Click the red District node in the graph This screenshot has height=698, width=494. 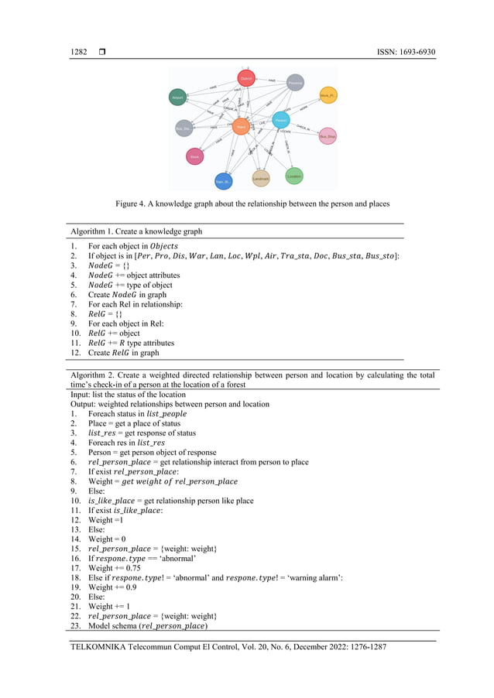click(246, 78)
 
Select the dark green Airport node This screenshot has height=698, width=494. click(179, 98)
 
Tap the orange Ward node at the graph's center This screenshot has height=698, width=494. click(241, 125)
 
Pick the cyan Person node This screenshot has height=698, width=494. click(282, 120)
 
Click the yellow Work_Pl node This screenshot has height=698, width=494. click(328, 95)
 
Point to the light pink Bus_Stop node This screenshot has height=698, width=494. click(328, 136)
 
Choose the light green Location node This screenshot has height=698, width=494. click(294, 176)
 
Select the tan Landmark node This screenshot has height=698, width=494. click(262, 179)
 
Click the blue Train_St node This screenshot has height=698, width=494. click(224, 182)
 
